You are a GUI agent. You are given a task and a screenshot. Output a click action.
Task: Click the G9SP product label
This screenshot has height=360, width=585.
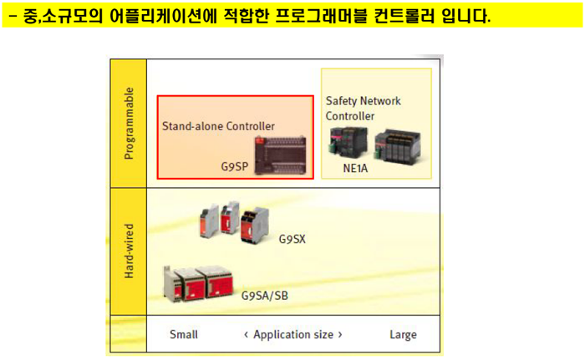click(x=235, y=166)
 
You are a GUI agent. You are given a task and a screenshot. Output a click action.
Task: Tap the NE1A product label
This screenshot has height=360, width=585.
click(x=355, y=168)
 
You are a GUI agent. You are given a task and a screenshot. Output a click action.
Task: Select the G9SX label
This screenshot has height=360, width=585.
click(x=292, y=239)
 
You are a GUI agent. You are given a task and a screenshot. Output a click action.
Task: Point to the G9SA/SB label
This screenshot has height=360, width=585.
click(x=265, y=296)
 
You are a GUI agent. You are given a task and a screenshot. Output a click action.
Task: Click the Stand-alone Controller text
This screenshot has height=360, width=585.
click(x=218, y=126)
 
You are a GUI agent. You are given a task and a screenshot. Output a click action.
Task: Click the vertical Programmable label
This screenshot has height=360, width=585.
click(x=129, y=124)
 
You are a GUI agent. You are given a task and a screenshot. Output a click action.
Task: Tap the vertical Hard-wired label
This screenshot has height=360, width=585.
click(x=129, y=251)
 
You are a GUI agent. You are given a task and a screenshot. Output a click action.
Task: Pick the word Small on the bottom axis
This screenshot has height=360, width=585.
click(x=184, y=334)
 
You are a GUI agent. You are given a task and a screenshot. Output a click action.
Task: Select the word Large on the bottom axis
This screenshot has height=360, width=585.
click(x=403, y=335)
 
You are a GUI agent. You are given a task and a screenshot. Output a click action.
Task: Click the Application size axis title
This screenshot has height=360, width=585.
click(x=293, y=335)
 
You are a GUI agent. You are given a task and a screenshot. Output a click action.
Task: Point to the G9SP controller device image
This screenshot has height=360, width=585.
click(x=280, y=155)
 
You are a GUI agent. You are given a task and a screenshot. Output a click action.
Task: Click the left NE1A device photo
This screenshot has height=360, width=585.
click(x=348, y=142)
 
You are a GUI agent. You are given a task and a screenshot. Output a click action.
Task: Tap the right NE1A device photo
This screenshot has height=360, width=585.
click(x=398, y=146)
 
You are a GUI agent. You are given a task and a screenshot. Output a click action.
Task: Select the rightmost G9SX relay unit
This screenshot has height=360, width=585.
click(x=254, y=226)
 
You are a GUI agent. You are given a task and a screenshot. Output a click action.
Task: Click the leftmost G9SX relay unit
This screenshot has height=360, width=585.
click(x=209, y=221)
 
